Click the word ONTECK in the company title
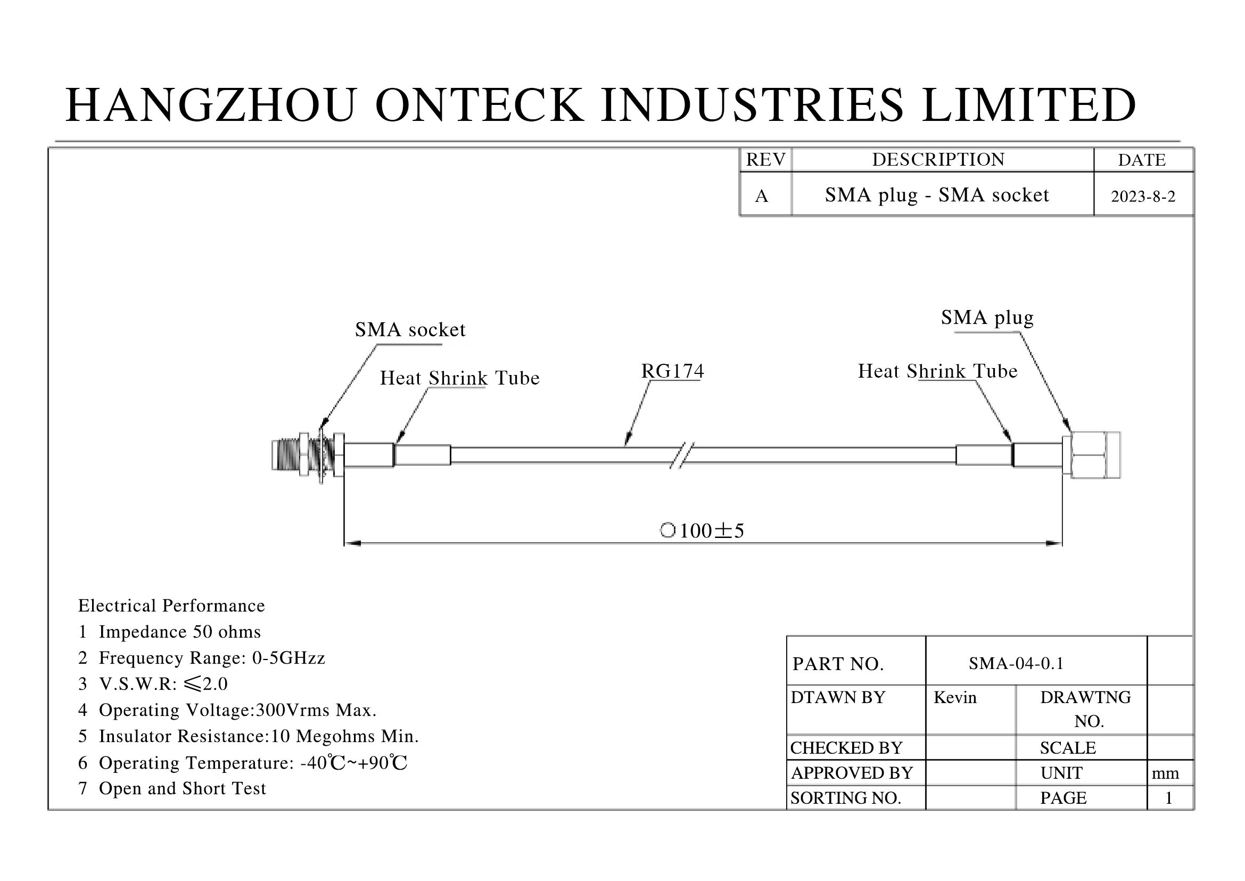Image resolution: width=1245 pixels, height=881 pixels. coord(480,105)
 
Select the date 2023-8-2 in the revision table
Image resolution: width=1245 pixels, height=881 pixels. coord(1143,197)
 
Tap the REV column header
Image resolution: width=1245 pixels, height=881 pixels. coord(765,159)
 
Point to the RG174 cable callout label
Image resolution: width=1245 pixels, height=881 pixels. coord(672,371)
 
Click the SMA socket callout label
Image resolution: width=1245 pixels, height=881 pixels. coord(410,329)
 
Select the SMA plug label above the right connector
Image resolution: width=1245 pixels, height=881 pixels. coord(987,318)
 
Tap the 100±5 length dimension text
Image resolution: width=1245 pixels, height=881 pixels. coord(703,531)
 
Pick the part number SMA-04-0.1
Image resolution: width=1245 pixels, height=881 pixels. coord(1016,664)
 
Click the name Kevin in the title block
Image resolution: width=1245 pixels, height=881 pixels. coord(955,697)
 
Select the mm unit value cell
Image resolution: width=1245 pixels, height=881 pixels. coord(1165,773)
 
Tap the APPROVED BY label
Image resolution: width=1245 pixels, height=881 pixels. coord(852,772)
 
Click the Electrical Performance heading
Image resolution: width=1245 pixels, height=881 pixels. coord(171,606)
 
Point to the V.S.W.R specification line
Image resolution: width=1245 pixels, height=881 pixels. coord(153,683)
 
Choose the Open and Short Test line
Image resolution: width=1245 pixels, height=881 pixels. coord(172,788)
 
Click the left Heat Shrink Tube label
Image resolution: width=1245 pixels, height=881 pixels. coord(460,378)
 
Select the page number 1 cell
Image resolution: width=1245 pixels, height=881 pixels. coord(1169,798)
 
